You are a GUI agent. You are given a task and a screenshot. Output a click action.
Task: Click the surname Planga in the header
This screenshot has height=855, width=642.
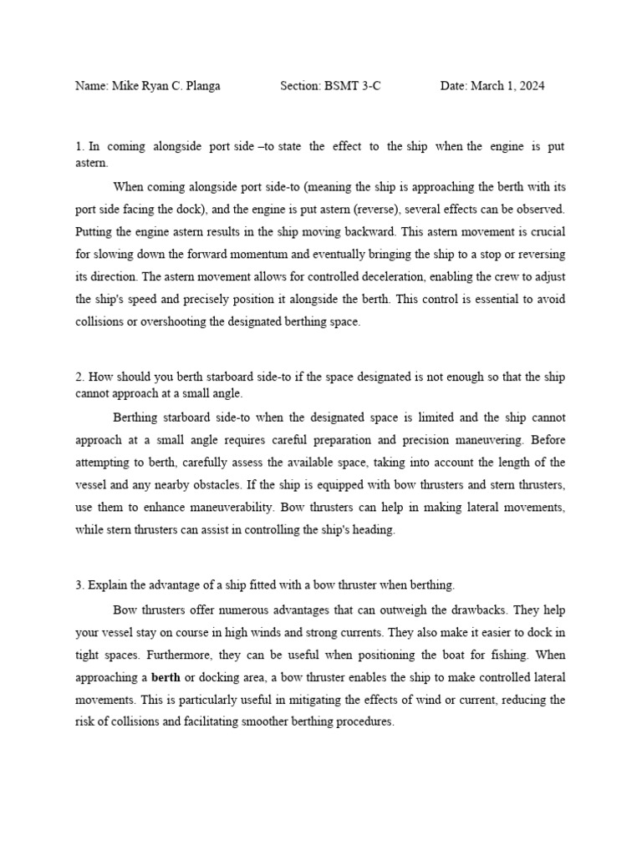click(x=201, y=86)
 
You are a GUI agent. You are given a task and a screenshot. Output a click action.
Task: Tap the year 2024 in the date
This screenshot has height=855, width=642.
click(x=531, y=86)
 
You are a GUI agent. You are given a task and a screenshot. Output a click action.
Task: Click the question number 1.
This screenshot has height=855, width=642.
click(x=79, y=146)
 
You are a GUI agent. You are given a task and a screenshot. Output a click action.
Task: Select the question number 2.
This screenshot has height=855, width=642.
click(x=79, y=377)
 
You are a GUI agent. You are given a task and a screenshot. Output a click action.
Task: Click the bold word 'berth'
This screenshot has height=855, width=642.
click(x=166, y=676)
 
